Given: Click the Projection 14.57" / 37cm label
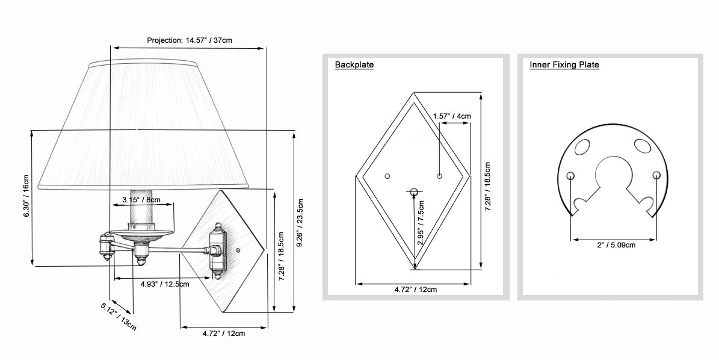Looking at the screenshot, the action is pos(190,40).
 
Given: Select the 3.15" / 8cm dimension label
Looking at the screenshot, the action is pos(141,199).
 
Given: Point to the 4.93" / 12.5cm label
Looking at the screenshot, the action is pos(165,284).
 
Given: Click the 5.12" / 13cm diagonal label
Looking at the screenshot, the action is pos(119,317).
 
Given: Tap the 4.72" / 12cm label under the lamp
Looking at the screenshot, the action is pos(224,334).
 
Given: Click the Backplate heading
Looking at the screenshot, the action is pos(354,64).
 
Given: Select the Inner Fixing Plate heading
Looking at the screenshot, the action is pos(564,64).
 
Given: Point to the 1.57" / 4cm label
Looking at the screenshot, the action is pos(452,116).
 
